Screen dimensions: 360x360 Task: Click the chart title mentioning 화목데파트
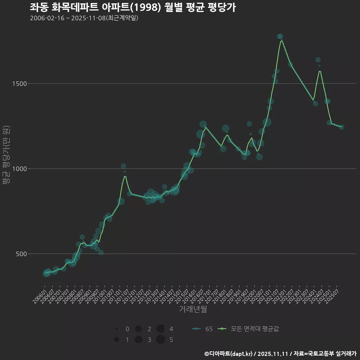tap(133, 7)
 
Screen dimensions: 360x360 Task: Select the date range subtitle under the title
tap(84, 18)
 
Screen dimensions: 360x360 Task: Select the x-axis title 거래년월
tap(193, 309)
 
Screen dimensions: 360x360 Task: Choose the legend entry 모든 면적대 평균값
tap(249, 329)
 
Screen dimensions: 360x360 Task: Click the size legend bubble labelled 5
tap(160, 340)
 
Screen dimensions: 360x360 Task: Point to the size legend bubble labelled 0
tap(117, 329)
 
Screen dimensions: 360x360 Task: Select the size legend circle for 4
tap(160, 329)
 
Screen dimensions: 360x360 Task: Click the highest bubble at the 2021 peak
tap(280, 37)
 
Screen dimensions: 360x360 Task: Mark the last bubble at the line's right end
tap(342, 127)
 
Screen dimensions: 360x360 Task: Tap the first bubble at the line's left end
tap(46, 273)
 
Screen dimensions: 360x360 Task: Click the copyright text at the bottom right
tap(280, 354)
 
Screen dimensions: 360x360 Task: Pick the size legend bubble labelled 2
tap(138, 329)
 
